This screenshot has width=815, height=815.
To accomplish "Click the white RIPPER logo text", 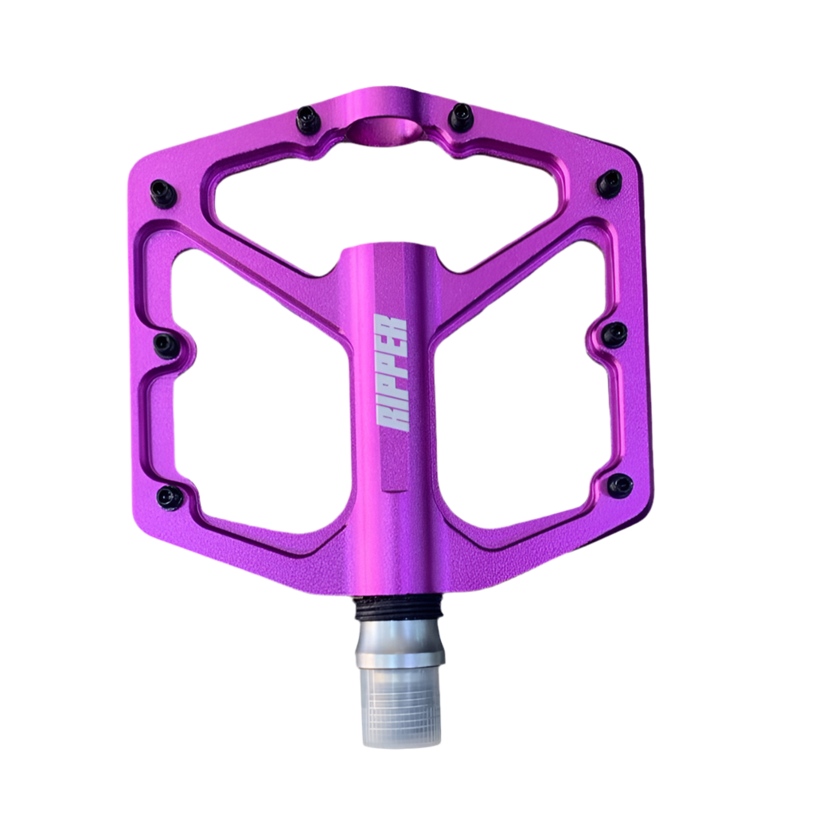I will [x=392, y=373].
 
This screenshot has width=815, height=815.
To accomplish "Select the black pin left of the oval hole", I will [x=309, y=120].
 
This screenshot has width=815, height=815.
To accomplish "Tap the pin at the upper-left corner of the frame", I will [x=162, y=193].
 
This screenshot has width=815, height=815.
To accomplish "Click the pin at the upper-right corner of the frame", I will [x=610, y=184].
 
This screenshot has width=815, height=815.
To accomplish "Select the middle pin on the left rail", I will [x=166, y=345].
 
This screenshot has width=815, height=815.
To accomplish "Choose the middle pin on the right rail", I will [x=614, y=334].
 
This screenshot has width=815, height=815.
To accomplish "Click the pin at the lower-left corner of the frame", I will [x=170, y=497].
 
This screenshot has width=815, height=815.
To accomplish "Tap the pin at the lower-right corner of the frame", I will [x=619, y=485].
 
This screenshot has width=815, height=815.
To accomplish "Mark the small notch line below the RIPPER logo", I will [x=393, y=483].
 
